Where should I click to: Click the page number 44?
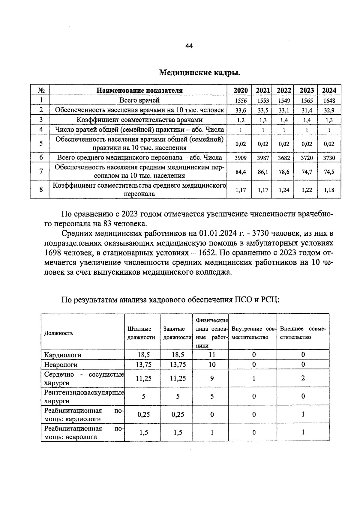(189, 46)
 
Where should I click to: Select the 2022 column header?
(283, 90)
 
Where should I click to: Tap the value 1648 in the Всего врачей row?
(329, 100)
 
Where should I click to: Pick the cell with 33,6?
(241, 110)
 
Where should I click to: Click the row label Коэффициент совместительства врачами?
(139, 120)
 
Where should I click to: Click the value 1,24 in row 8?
(283, 190)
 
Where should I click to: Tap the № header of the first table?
(41, 90)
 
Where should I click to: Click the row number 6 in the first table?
(41, 157)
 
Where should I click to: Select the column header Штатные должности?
(141, 333)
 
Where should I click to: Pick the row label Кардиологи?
(63, 355)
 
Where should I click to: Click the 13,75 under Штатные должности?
(144, 365)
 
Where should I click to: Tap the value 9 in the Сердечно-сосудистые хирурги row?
(212, 378)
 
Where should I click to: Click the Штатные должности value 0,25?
(144, 414)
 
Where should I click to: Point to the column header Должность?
(58, 333)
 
